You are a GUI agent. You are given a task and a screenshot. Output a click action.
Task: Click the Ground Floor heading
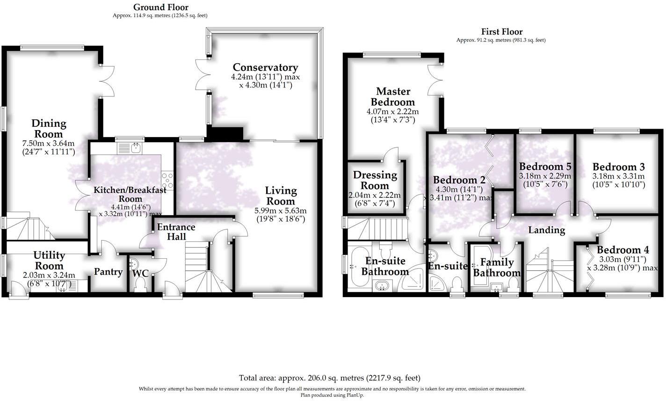tap(160, 7)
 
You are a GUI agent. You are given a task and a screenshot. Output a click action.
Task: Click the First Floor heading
tap(502, 32)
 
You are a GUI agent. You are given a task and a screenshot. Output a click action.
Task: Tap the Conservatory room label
tap(265, 67)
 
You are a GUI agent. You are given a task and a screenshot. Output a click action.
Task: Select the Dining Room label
tap(49, 129)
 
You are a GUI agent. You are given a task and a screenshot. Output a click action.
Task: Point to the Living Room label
tap(281, 196)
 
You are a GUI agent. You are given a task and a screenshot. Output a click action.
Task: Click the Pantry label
tap(108, 272)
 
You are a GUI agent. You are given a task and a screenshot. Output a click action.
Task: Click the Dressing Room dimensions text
tap(375, 199)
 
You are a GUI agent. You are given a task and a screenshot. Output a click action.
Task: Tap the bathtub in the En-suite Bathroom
tap(358, 267)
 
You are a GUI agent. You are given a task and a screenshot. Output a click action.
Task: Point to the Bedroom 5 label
tap(545, 167)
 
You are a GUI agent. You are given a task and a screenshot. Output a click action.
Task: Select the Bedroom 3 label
tap(618, 167)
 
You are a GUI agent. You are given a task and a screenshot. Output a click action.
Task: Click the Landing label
tap(546, 230)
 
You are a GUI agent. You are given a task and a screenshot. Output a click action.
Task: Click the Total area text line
tap(330, 378)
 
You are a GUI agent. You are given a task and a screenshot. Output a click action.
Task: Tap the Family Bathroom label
tap(497, 267)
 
